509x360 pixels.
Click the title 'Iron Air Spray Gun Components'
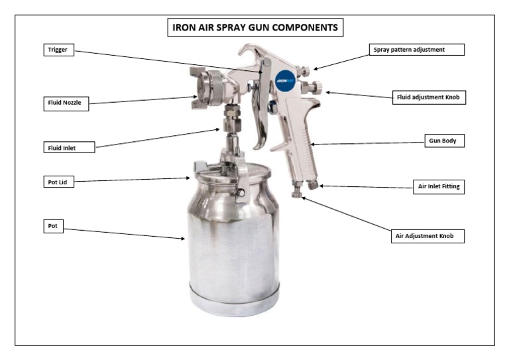click(254, 29)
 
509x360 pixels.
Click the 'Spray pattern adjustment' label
click(416, 50)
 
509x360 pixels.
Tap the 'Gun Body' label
click(443, 141)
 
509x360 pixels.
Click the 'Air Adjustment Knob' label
click(425, 235)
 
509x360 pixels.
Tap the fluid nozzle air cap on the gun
click(211, 86)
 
